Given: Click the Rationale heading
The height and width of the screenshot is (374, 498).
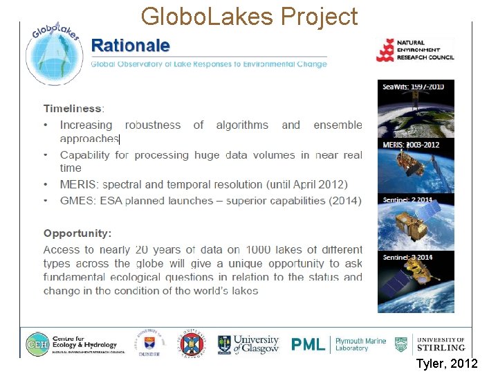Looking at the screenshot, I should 131,46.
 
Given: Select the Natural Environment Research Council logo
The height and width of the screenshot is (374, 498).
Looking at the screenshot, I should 415,51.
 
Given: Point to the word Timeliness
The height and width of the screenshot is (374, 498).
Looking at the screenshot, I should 73,108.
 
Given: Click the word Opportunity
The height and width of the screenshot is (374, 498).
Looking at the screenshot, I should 77,233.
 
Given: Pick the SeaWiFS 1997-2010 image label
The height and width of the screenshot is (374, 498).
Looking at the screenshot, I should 414,87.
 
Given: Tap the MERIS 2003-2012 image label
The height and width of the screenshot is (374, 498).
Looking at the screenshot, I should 411,145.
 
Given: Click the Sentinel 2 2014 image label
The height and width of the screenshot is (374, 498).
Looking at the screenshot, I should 408,200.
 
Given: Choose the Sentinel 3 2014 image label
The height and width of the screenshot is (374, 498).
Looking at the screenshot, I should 408,257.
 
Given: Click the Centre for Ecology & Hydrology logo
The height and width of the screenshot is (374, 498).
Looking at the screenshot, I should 72,344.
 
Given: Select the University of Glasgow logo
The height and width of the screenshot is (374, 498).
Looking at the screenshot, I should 248,344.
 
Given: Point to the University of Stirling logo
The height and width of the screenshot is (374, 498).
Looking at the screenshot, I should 430,344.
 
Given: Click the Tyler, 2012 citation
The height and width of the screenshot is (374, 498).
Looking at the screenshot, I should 446,364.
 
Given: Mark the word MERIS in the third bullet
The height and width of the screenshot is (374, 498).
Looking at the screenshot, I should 79,184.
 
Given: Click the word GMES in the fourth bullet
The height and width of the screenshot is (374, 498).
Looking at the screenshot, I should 77,200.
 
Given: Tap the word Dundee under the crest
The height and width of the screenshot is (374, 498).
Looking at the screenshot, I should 149,354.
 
